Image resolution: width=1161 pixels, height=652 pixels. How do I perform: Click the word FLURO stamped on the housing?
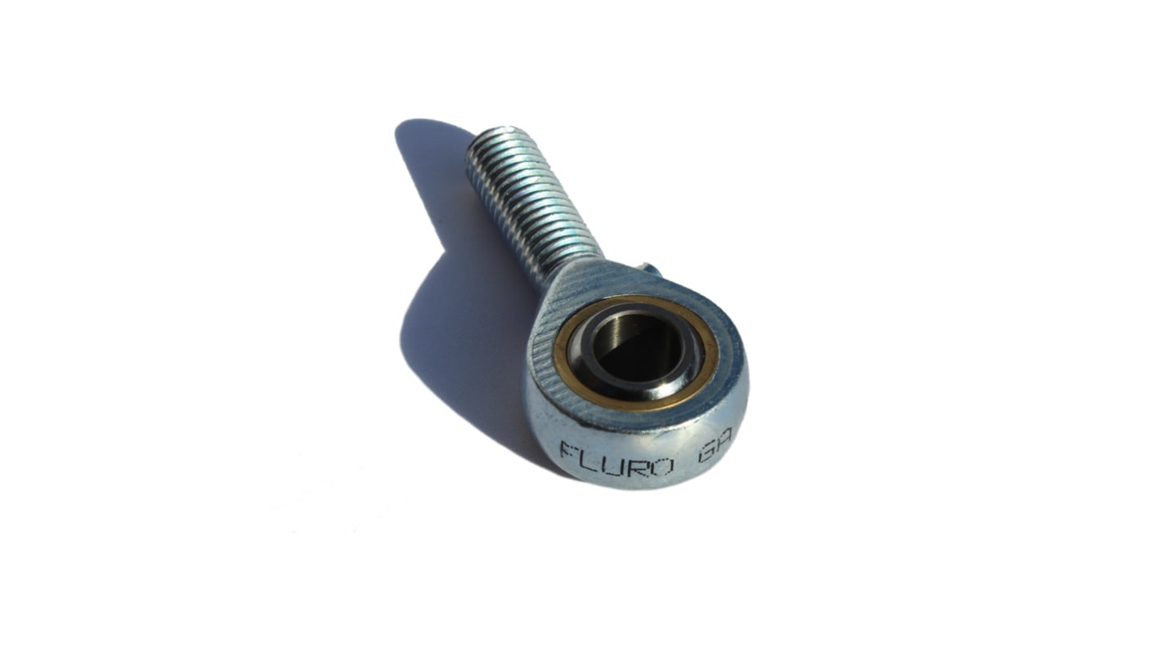[616, 459]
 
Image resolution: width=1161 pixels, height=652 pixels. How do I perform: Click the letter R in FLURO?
[638, 464]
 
